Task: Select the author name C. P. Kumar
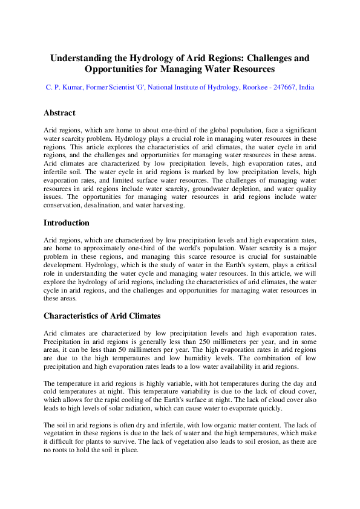pos(64,88)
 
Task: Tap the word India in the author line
pos(306,88)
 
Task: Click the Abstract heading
pos(59,113)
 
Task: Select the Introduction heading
pos(67,223)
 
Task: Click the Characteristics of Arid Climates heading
pos(102,316)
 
